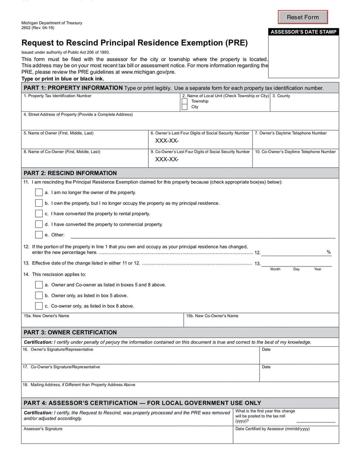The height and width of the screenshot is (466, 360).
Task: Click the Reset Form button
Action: point(302,17)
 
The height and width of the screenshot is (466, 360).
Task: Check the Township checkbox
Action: point(184,101)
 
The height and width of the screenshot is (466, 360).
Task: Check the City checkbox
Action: point(184,107)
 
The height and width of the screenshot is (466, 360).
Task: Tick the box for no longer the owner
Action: point(39,193)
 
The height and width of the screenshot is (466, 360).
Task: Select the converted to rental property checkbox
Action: point(39,214)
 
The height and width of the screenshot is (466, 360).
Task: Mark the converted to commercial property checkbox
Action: point(39,224)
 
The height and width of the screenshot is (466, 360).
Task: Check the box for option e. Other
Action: point(39,235)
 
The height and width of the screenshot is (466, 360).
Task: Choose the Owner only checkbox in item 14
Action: point(39,295)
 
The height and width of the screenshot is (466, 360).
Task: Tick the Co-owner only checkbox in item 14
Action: point(39,306)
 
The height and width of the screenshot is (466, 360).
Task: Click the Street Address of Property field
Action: point(180,123)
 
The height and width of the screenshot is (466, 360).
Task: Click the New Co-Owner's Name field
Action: point(261,322)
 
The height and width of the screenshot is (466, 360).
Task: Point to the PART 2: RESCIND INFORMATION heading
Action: point(70,173)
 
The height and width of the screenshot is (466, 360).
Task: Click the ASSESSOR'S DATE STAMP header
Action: point(303,32)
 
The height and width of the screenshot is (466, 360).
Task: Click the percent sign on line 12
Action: point(328,252)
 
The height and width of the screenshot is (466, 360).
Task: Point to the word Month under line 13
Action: point(275,269)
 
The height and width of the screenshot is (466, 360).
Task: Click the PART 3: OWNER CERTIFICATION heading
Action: point(70,333)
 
